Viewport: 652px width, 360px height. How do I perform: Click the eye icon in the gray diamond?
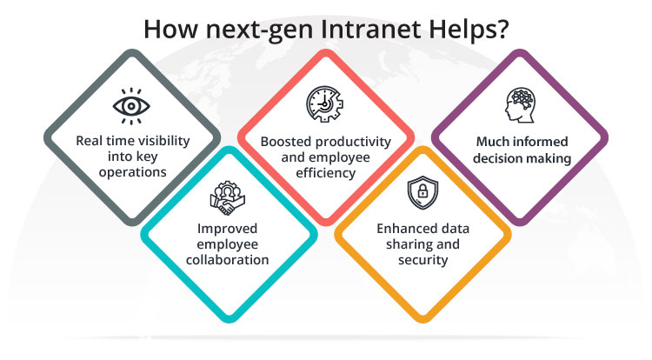[x=131, y=106]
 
